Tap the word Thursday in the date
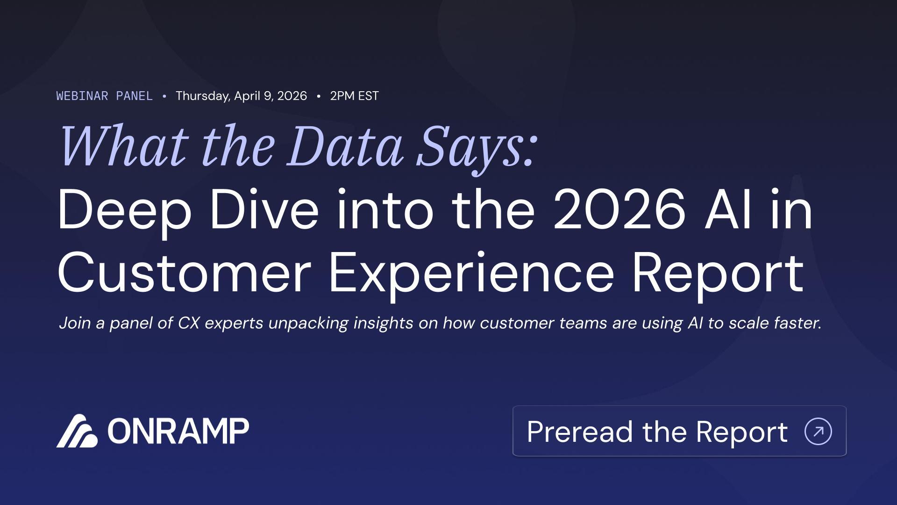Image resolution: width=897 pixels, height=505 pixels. [x=203, y=96]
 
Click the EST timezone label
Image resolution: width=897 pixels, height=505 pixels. [x=369, y=96]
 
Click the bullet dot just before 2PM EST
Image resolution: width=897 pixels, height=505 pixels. [x=319, y=96]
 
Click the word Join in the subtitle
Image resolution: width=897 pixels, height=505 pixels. [x=75, y=323]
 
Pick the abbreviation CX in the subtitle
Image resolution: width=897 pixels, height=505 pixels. [x=189, y=323]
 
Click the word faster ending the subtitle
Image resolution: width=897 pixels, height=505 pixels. [x=797, y=323]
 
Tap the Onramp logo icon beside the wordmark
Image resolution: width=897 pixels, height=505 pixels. [x=77, y=431]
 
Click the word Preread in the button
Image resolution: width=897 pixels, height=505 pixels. [x=581, y=431]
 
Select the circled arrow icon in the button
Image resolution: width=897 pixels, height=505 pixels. [x=819, y=431]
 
